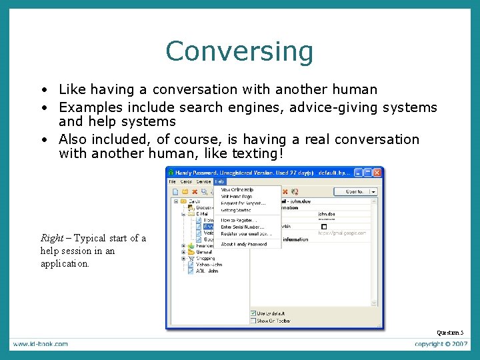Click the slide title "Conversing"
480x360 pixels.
tap(239, 51)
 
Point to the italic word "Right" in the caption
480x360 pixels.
tap(51, 238)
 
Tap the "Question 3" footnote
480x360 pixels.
tap(450, 332)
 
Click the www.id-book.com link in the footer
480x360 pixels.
tap(39, 344)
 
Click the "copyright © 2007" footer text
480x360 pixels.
tap(439, 344)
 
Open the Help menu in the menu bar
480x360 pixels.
tap(219, 181)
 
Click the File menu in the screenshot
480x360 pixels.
tap(172, 181)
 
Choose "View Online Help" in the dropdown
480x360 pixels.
tap(237, 190)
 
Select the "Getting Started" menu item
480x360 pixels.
tap(237, 210)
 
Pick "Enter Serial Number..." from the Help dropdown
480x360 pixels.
tap(243, 227)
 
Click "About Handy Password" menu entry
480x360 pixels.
tap(243, 244)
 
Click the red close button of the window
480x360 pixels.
tap(377, 172)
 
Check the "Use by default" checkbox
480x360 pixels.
tap(253, 313)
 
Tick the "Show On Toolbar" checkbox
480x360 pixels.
tap(253, 321)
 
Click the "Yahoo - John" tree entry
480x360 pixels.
tap(208, 265)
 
